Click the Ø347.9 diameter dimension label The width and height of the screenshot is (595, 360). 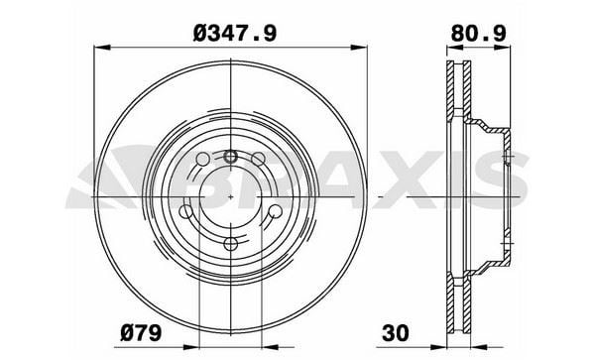(235, 34)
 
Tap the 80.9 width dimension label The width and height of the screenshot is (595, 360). (478, 34)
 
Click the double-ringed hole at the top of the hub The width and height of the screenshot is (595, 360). (230, 156)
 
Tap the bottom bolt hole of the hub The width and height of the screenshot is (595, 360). (230, 244)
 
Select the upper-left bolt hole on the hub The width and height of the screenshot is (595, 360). (202, 159)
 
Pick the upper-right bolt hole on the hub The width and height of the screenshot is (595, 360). (258, 159)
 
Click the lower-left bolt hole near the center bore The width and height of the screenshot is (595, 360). (186, 211)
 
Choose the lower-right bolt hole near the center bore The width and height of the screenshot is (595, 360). (275, 211)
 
